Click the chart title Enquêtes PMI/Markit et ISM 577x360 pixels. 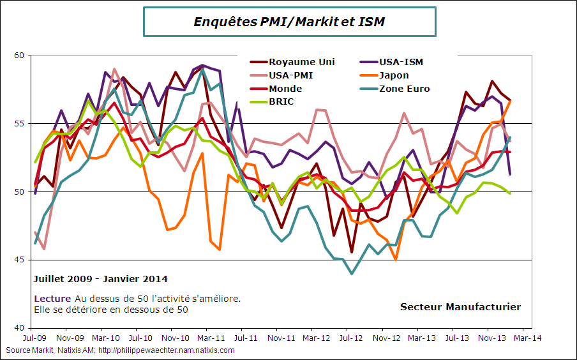[289, 22]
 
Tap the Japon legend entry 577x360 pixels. [394, 75]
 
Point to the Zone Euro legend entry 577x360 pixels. [404, 89]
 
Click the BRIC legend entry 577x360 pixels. [281, 101]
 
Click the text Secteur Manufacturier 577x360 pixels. [460, 307]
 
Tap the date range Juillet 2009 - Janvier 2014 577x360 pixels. [100, 279]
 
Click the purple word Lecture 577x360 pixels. [52, 299]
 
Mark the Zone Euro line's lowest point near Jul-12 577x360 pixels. [352, 274]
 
